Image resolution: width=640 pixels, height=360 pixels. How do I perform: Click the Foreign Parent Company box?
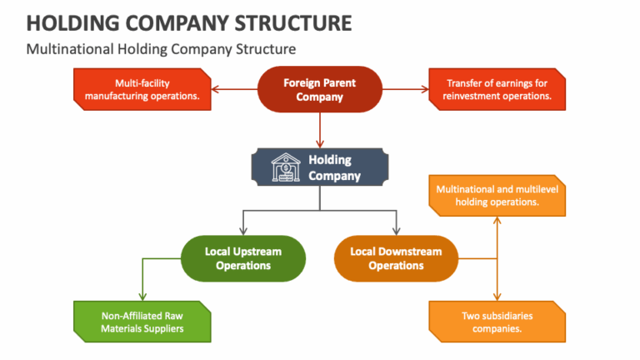coord(320,90)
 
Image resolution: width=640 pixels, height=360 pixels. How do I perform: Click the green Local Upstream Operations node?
coord(242,258)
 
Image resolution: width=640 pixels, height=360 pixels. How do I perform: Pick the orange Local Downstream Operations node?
coord(396,258)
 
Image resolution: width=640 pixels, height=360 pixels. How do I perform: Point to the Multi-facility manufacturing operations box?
coord(142,90)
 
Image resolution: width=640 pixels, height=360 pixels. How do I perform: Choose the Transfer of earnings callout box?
coord(498,90)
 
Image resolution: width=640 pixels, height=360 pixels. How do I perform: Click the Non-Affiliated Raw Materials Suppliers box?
coord(142,322)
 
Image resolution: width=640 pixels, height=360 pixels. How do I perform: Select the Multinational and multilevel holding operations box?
coord(498,196)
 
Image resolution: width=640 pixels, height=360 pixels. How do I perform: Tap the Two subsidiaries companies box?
coord(498,322)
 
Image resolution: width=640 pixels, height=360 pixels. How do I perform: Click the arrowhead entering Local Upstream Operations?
coord(242,232)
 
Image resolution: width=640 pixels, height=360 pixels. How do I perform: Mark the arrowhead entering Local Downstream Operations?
coord(396,232)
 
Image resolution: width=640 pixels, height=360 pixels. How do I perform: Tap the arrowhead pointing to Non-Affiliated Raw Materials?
coord(142,296)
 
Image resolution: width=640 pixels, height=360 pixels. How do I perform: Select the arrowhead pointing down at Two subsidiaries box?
coord(497,297)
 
